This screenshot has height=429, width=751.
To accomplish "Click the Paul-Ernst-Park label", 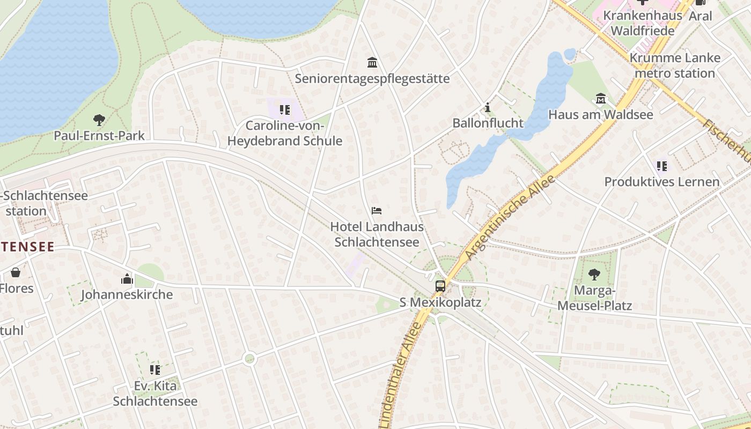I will [99, 135].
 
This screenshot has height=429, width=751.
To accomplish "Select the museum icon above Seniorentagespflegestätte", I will [372, 63].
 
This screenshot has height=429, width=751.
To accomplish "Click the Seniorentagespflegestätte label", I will [372, 79].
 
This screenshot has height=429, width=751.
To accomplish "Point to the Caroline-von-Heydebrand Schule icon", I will [284, 110].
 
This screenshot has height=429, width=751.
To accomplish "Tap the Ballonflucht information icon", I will [487, 107].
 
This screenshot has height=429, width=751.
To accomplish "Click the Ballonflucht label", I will [488, 123].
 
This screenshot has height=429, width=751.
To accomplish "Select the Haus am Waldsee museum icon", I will [600, 99].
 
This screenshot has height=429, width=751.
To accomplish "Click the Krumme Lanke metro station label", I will [675, 65].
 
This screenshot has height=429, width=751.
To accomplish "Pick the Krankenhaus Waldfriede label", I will [642, 23].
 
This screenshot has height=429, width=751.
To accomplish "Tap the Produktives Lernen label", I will [661, 182].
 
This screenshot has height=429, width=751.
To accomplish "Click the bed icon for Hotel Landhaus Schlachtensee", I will [377, 211].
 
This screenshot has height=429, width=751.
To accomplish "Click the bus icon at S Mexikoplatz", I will [440, 286].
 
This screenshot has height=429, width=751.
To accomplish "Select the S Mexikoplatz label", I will [441, 302].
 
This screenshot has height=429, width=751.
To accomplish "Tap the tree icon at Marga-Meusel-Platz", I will [594, 275].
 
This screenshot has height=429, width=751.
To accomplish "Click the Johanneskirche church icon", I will [127, 279].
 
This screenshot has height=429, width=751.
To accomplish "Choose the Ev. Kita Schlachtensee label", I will [155, 394].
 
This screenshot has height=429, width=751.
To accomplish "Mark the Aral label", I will [700, 16].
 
